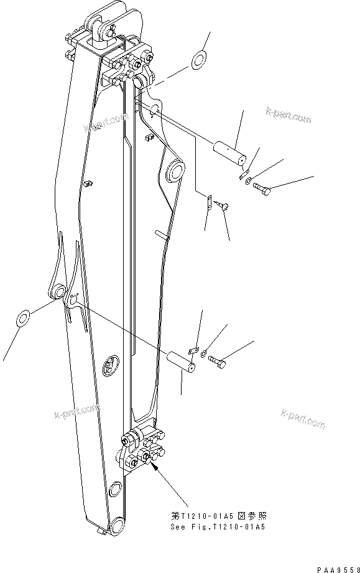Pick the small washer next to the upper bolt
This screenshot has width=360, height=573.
pos(249,182)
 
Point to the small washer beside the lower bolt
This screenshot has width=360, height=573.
pos(205,354)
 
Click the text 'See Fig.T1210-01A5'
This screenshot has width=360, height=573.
pos(218,527)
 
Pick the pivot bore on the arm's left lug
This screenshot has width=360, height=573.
pos(58,292)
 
